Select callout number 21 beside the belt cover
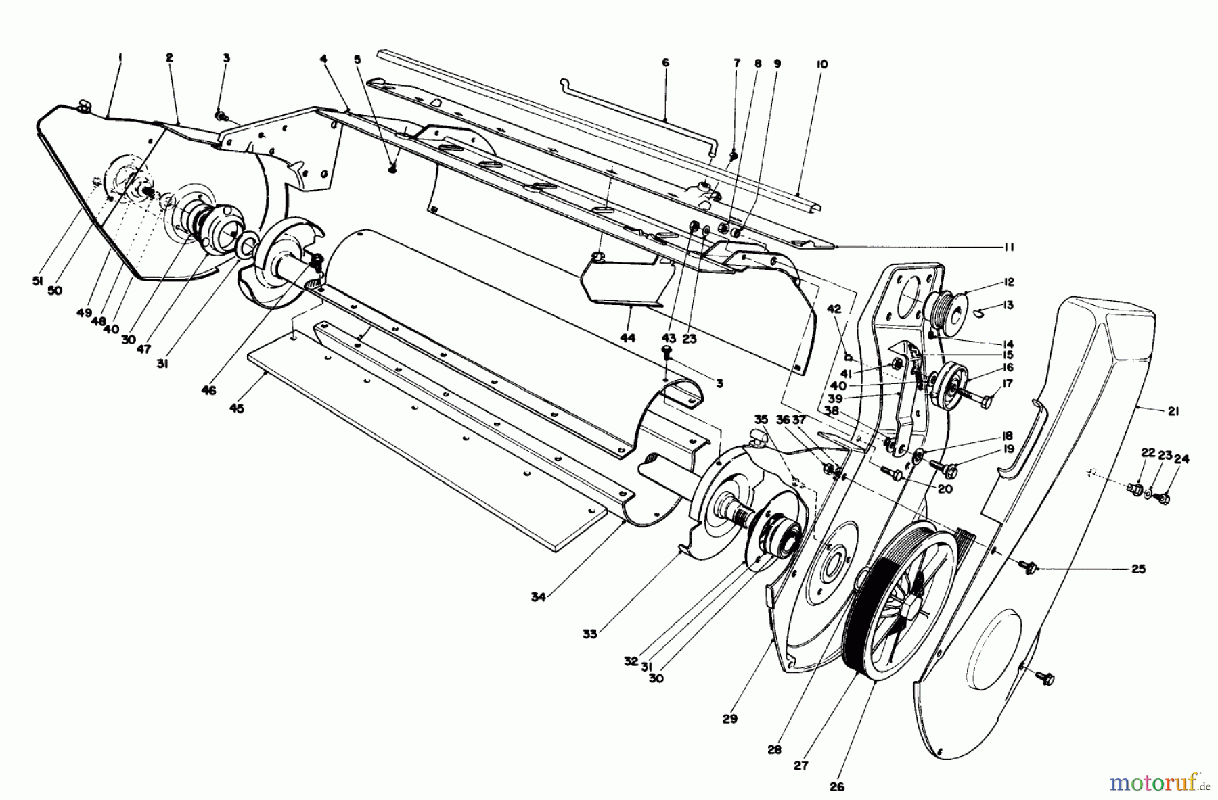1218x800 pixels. point(1173,411)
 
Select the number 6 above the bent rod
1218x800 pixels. point(665,62)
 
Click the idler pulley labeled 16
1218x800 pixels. point(950,385)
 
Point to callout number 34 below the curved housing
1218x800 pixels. point(539,596)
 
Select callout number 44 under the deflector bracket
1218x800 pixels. point(627,337)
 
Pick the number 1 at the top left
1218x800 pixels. point(120,58)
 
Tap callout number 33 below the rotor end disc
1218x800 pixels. point(590,634)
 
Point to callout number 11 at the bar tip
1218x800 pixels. point(1008,248)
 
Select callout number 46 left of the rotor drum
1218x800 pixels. point(208,390)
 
